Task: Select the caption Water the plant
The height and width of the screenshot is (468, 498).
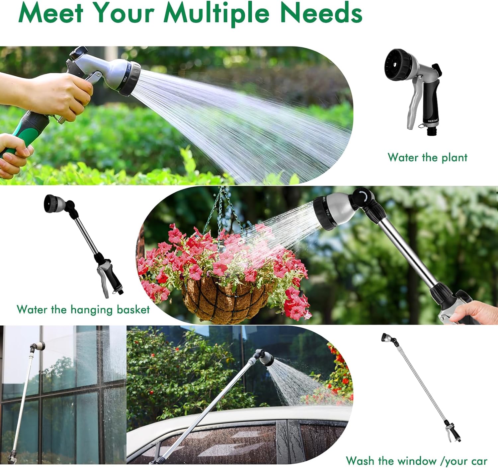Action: point(427,157)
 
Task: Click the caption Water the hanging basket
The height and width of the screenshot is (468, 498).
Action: point(83,309)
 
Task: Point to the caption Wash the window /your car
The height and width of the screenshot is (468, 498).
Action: point(416,461)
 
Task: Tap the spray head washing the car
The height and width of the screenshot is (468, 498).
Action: point(265,358)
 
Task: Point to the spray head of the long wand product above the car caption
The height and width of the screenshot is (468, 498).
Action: point(387,338)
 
